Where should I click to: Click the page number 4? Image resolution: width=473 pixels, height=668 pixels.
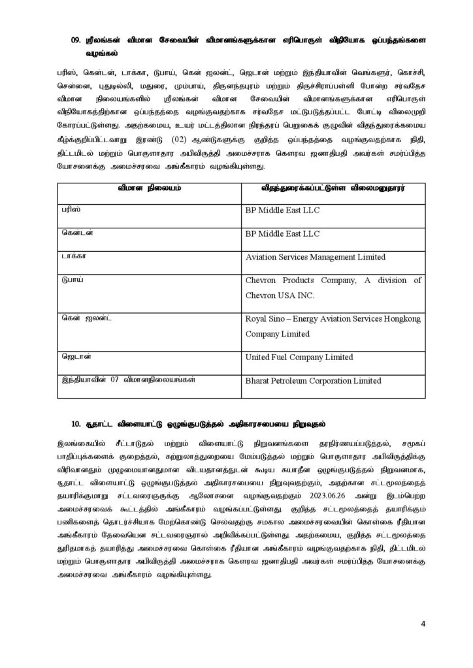[423, 623]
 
